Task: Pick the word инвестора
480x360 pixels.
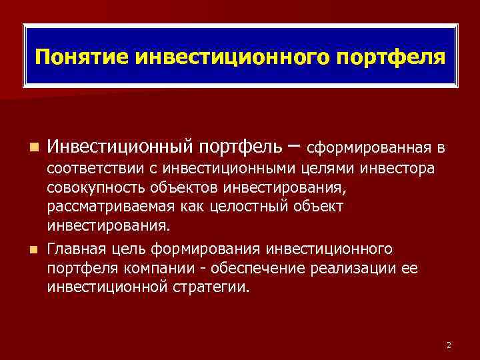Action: (403, 166)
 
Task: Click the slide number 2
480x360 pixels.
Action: (449, 344)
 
